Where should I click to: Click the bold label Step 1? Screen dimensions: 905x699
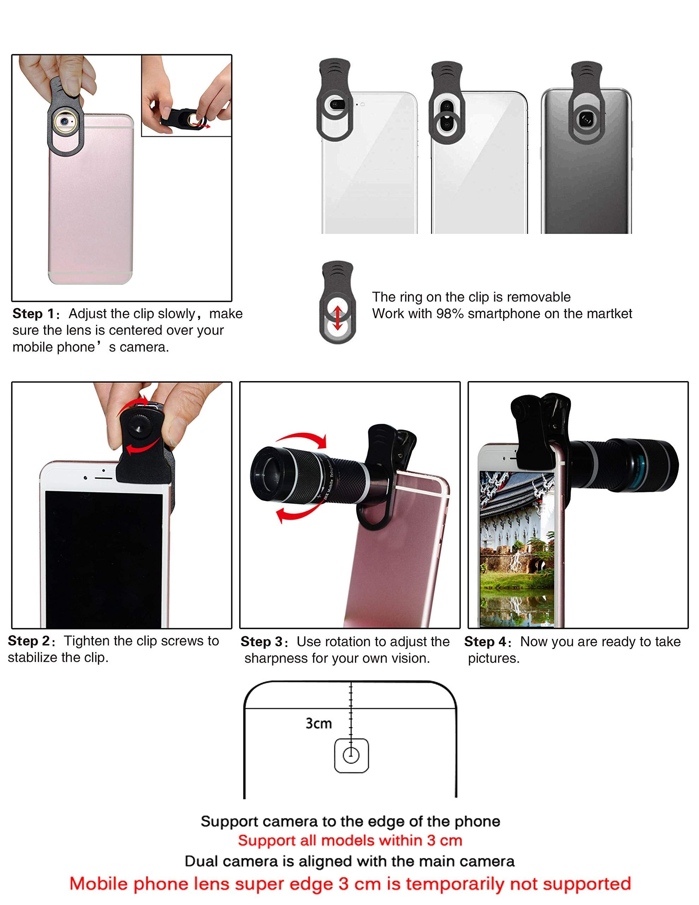tap(34, 314)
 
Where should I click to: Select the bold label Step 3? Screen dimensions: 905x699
tap(262, 642)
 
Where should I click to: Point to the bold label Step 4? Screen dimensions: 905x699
tap(485, 642)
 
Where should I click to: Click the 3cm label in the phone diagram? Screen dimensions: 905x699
tap(319, 724)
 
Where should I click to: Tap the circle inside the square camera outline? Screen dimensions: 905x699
tap(351, 755)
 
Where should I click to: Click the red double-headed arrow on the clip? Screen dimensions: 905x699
tap(338, 318)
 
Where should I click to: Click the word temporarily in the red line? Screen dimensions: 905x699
tap(454, 883)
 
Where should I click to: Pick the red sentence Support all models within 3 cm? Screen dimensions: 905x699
tap(350, 840)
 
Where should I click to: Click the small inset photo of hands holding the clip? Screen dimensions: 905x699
tap(186, 96)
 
